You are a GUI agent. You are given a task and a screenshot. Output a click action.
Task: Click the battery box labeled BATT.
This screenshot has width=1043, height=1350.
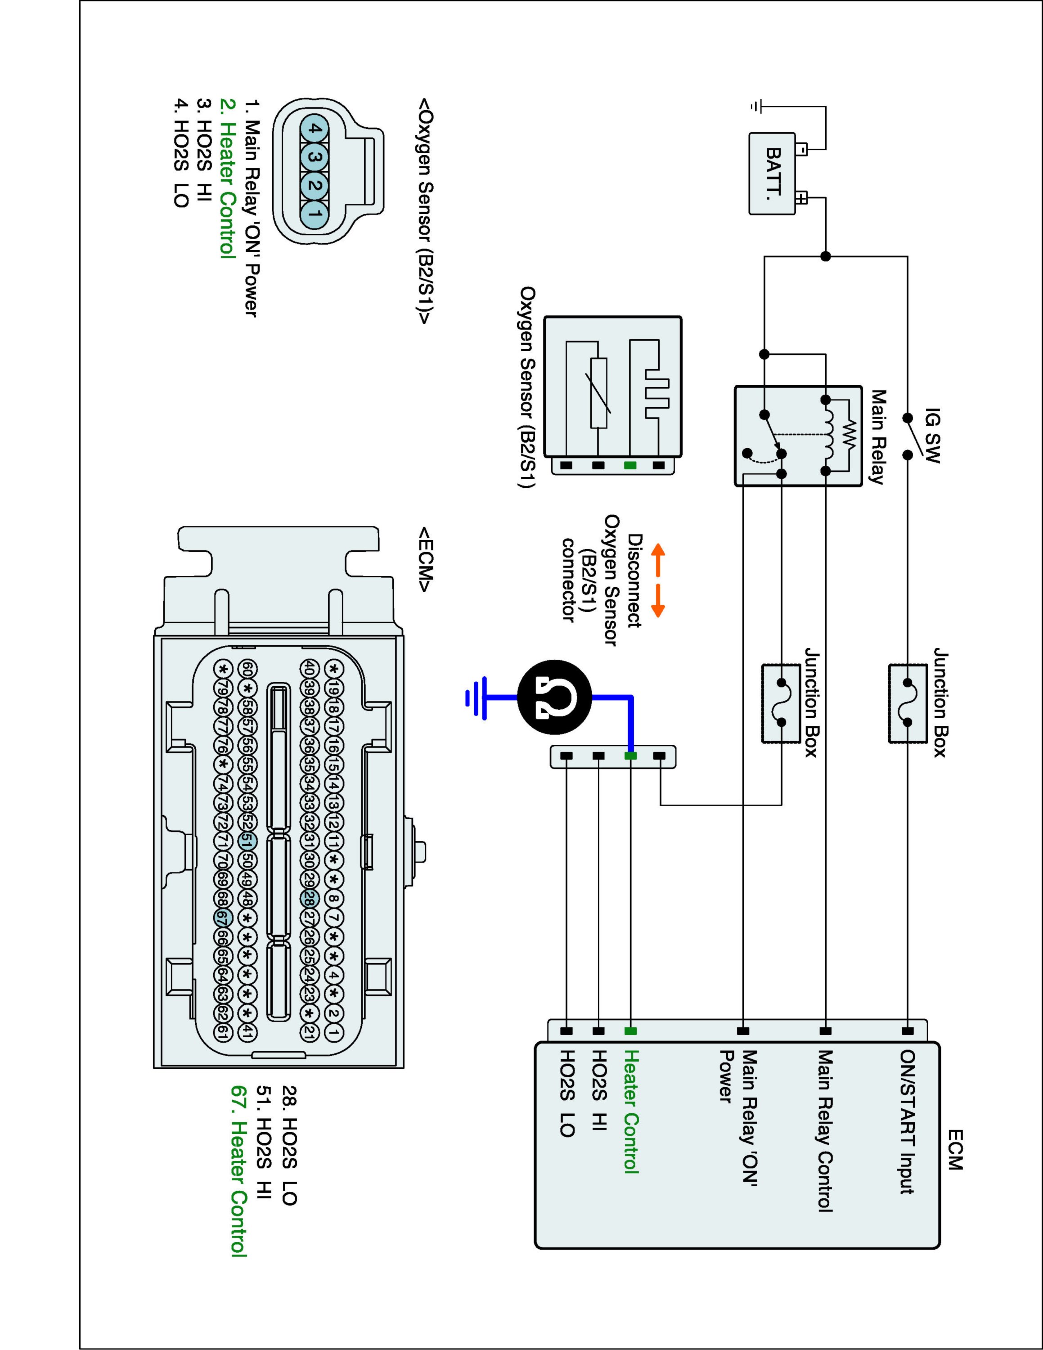[x=772, y=174]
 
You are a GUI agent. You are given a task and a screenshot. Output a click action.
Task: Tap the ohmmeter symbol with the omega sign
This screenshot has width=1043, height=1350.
[x=554, y=697]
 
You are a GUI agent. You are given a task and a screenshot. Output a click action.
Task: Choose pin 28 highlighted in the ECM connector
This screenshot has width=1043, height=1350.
[x=310, y=898]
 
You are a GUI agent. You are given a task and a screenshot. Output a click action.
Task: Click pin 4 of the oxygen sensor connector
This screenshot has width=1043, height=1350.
[x=315, y=129]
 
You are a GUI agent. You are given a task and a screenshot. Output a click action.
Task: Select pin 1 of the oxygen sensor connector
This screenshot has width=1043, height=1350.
[x=315, y=214]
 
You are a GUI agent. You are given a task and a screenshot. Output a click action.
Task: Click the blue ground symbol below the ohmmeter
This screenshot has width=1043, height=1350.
[x=476, y=697]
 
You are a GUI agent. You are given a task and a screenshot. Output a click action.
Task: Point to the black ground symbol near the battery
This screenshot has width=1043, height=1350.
[x=755, y=106]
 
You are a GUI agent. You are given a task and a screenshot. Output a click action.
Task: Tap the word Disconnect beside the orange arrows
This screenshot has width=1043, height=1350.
[x=634, y=580]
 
